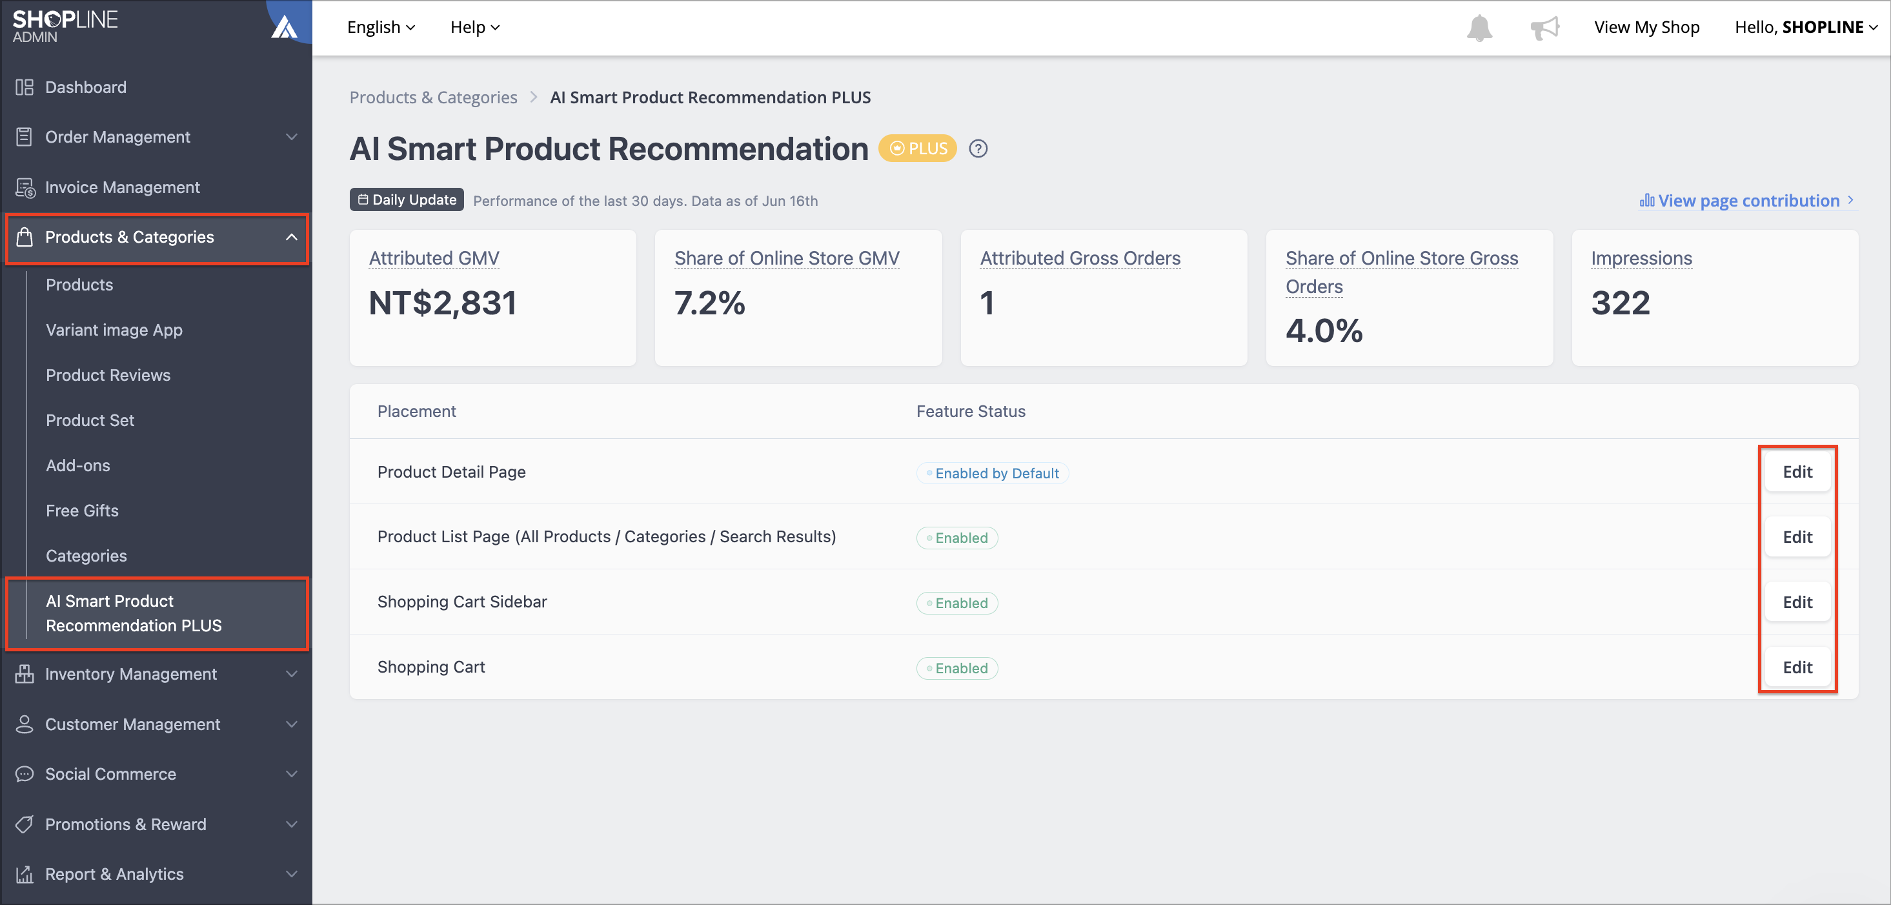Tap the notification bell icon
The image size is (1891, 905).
point(1479,28)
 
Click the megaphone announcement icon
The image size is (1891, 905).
point(1544,28)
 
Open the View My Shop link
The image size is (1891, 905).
point(1646,27)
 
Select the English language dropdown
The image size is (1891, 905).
point(381,27)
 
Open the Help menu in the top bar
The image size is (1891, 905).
point(475,27)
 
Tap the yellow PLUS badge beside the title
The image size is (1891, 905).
point(918,148)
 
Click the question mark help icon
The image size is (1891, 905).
point(978,148)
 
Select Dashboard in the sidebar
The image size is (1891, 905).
point(85,87)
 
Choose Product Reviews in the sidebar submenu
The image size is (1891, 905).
point(108,375)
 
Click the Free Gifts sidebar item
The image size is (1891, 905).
point(82,511)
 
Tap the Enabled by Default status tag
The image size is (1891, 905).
point(992,473)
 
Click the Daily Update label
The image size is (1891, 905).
point(407,199)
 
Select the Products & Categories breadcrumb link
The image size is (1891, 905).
point(433,97)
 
